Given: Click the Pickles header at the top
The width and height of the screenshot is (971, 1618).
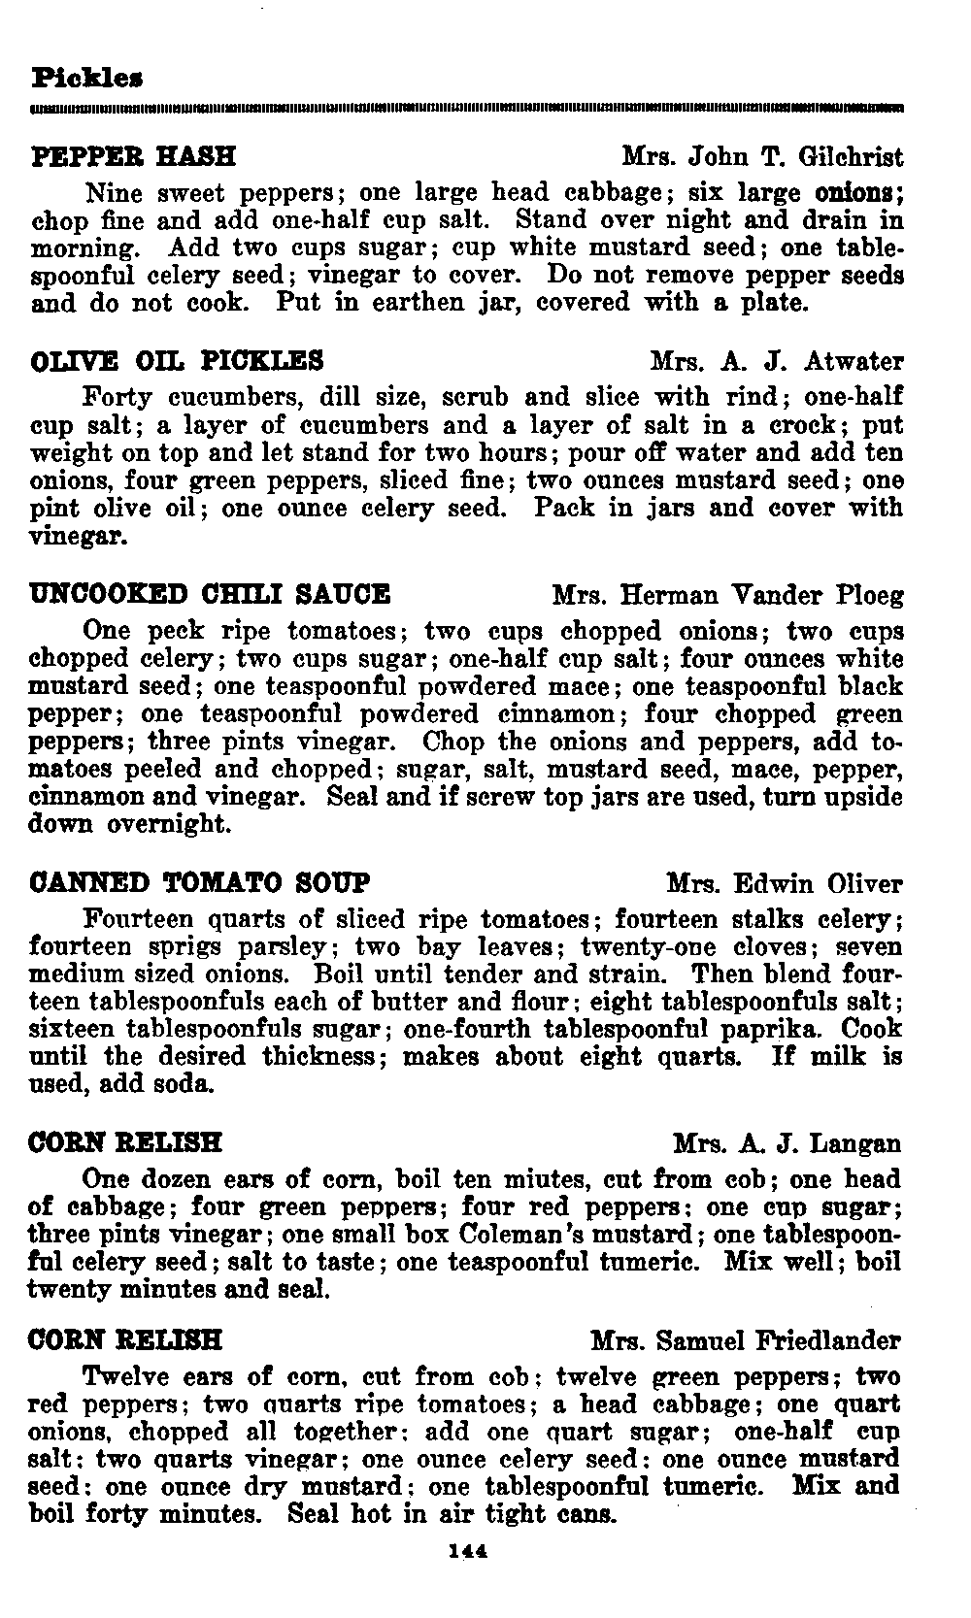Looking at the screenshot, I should pyautogui.click(x=88, y=75).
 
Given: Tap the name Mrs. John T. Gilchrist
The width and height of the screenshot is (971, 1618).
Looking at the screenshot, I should pyautogui.click(x=762, y=157).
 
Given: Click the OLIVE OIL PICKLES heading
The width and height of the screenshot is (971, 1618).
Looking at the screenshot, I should pyautogui.click(x=178, y=362).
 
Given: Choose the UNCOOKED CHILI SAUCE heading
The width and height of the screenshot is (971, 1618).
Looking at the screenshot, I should pyautogui.click(x=211, y=594).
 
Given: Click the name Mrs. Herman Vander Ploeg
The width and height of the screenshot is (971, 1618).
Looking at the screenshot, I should pyautogui.click(x=727, y=595).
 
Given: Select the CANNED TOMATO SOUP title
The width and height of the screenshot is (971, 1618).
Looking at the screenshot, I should pyautogui.click(x=200, y=883).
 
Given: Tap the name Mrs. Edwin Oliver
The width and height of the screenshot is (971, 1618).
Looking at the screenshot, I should pyautogui.click(x=785, y=884).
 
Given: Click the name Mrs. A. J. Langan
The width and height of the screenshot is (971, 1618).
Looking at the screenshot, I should pyautogui.click(x=787, y=1143).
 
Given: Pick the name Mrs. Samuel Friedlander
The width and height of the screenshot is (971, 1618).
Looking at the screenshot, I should pyautogui.click(x=746, y=1341).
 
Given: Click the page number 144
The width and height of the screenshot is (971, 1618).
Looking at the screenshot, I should pyautogui.click(x=468, y=1552).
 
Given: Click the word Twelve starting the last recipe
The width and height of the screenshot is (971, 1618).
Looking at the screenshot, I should pyautogui.click(x=127, y=1377).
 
